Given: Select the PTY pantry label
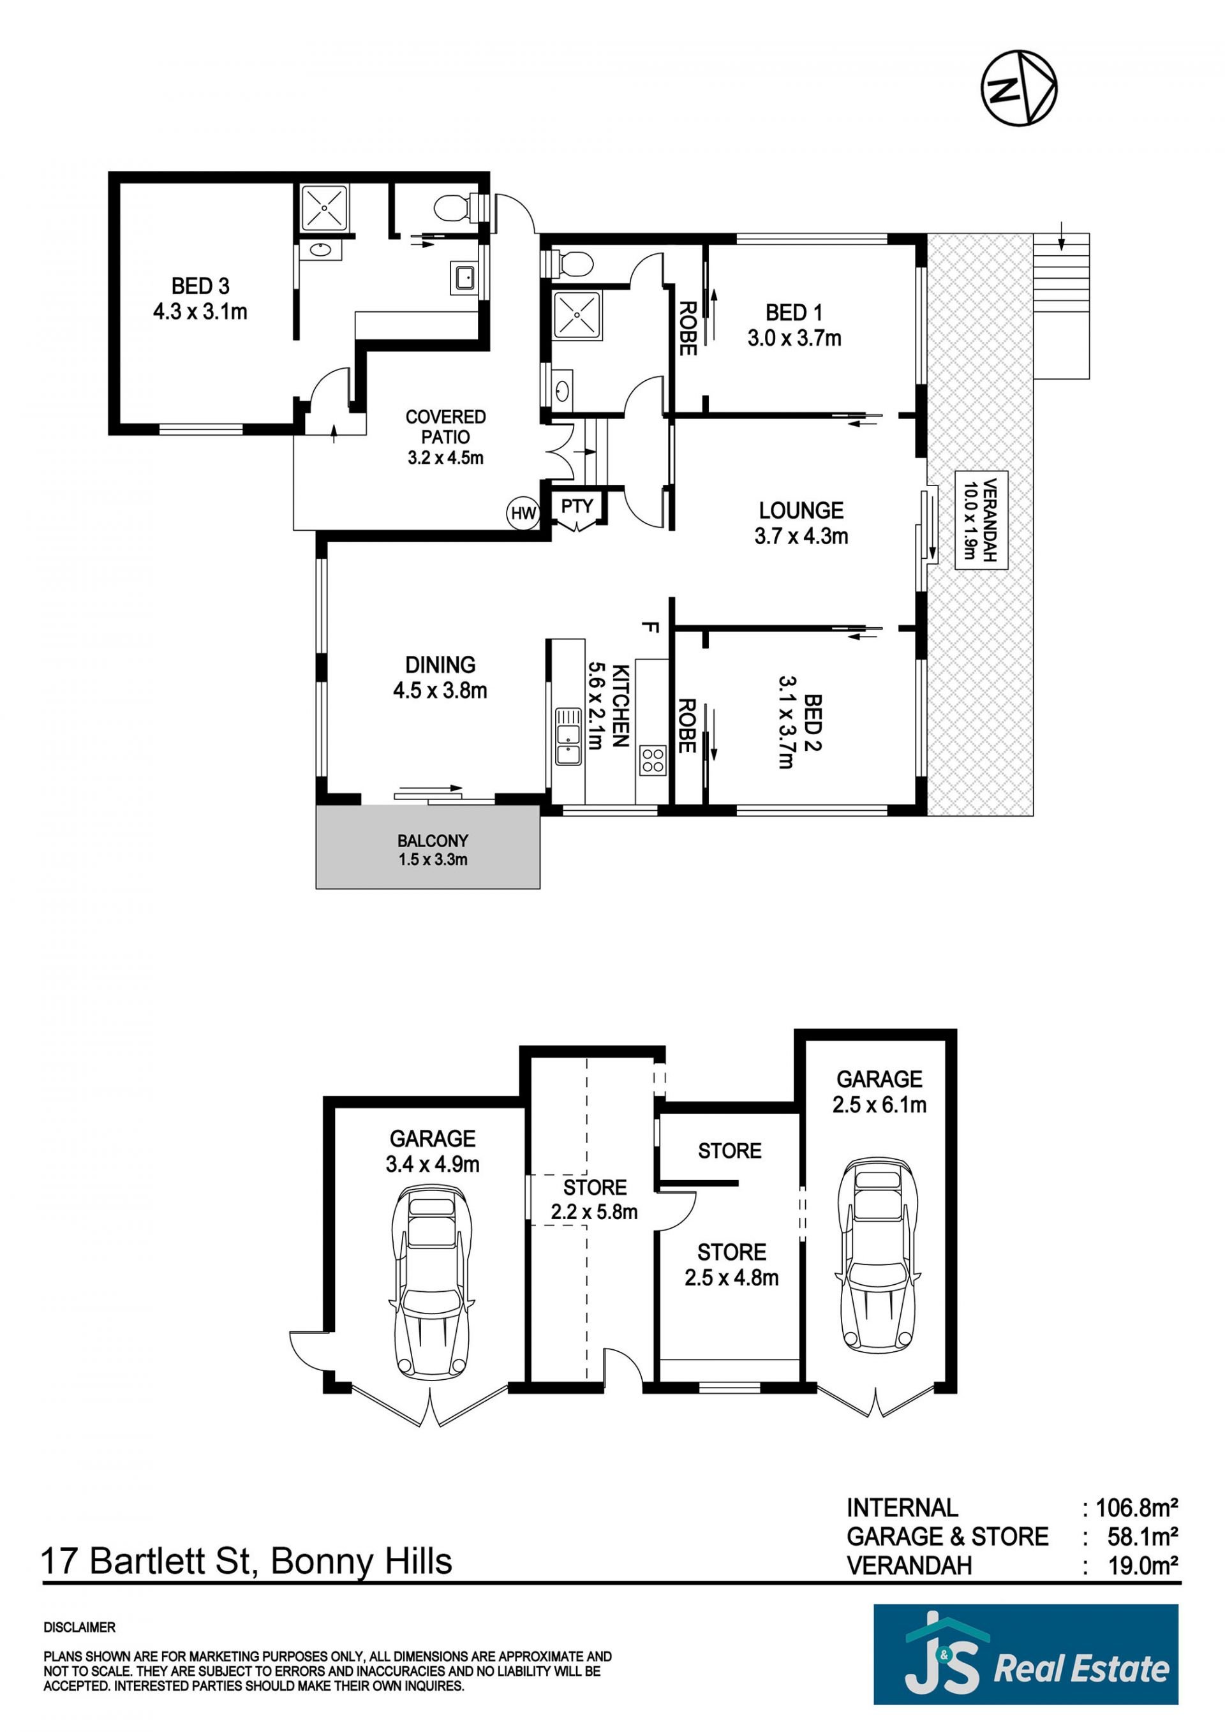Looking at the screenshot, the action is pyautogui.click(x=577, y=506).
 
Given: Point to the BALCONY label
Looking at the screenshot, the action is pyautogui.click(x=433, y=841).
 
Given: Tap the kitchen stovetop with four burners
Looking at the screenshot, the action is pyautogui.click(x=653, y=760).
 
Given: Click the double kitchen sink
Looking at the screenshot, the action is pyautogui.click(x=567, y=736).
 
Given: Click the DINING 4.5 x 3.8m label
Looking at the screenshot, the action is pyautogui.click(x=440, y=677).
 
